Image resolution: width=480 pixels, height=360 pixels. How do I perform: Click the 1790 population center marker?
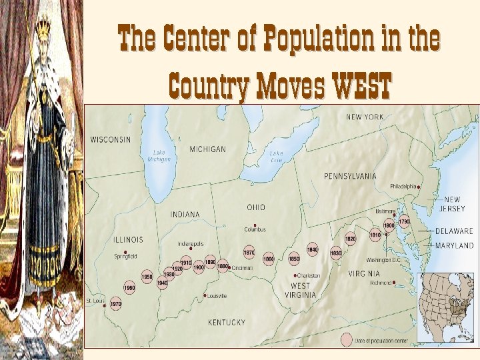pyautogui.click(x=404, y=221)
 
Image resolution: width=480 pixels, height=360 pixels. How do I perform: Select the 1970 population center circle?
pyautogui.click(x=115, y=304)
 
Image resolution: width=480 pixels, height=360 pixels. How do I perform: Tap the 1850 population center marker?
pyautogui.click(x=293, y=258)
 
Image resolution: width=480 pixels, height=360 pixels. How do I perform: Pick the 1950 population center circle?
pyautogui.click(x=147, y=277)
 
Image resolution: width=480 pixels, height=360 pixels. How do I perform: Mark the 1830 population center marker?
pyautogui.click(x=336, y=253)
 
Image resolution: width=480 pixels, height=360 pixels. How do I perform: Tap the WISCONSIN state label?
pyautogui.click(x=111, y=139)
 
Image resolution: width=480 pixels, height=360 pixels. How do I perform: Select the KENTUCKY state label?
pyautogui.click(x=227, y=322)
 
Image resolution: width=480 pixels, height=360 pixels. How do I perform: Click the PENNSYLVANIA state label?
pyautogui.click(x=350, y=176)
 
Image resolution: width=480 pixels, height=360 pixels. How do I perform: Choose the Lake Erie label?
pyautogui.click(x=276, y=157)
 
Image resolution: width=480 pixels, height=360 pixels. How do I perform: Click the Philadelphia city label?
pyautogui.click(x=403, y=186)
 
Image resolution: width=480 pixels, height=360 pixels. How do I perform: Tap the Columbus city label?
pyautogui.click(x=255, y=229)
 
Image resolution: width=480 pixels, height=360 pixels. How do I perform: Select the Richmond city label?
pyautogui.click(x=380, y=283)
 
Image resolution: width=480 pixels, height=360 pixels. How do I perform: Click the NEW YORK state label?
pyautogui.click(x=365, y=117)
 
